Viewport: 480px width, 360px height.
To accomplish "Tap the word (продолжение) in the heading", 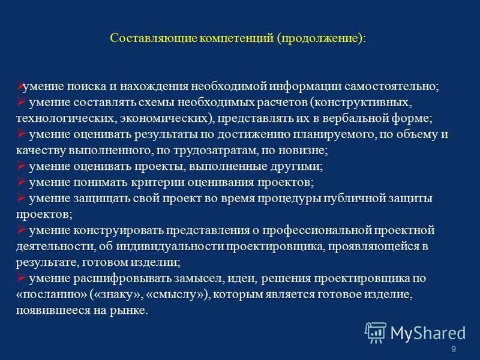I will (320, 38).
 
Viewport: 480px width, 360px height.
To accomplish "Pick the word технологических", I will (64, 118).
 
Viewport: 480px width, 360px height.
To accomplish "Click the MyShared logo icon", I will (376, 332).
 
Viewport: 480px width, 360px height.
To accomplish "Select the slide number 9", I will (453, 349).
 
